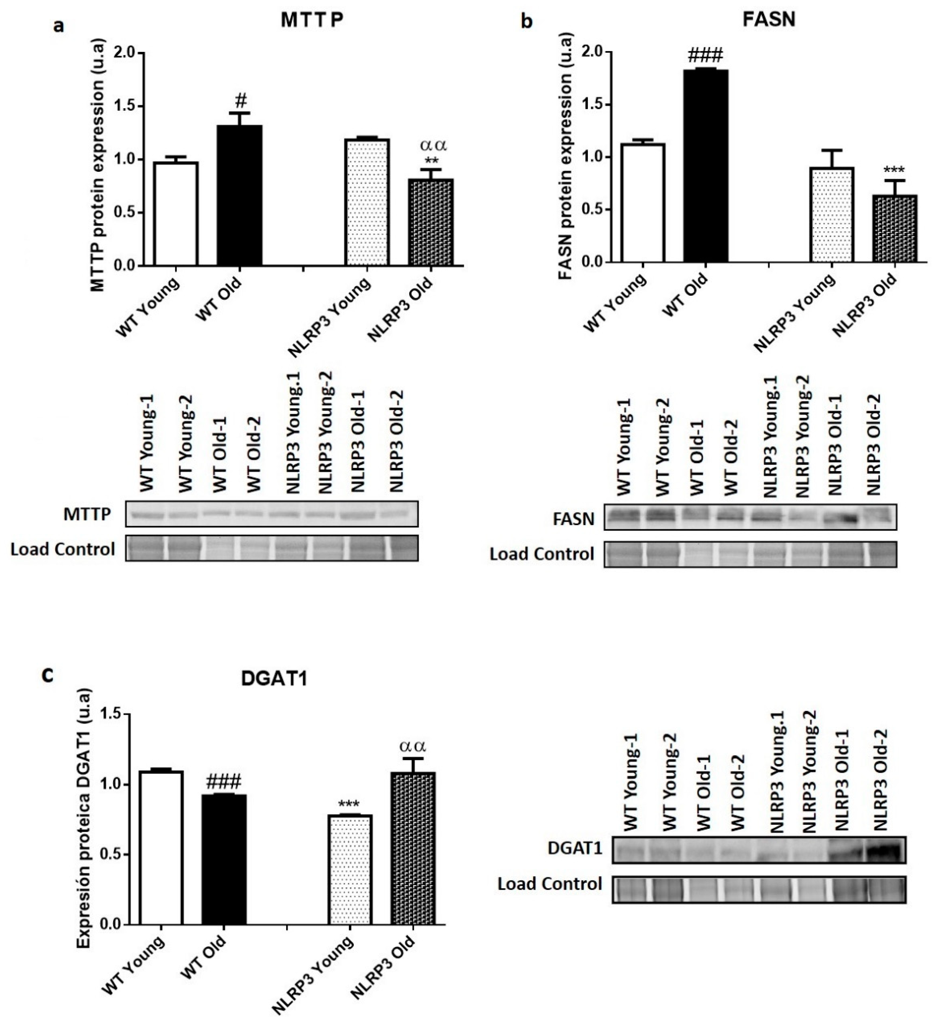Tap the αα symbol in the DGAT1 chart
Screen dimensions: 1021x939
click(x=413, y=746)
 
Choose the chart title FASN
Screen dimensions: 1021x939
click(x=769, y=19)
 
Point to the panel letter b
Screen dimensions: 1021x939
click(x=527, y=22)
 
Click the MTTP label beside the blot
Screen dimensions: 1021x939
click(x=87, y=514)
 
